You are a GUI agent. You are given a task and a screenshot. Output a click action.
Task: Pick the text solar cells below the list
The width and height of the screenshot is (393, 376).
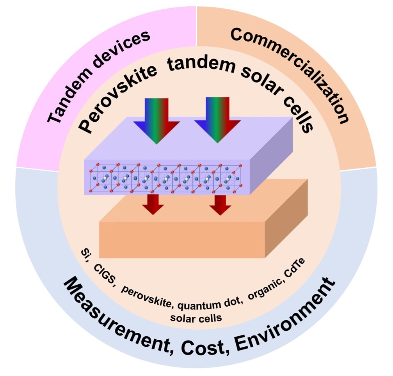point(196,317)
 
